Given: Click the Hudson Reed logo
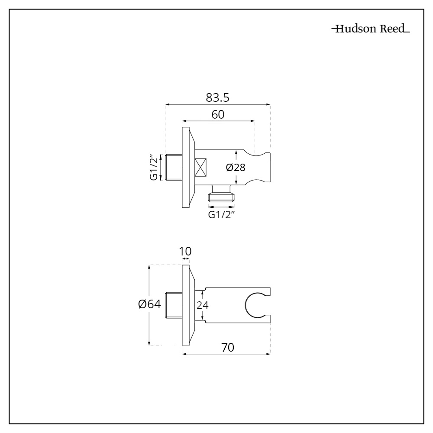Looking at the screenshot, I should click(371, 30).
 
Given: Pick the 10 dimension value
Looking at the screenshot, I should click(185, 252).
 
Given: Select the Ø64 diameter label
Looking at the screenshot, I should click(150, 304).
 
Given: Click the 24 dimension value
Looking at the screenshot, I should click(203, 305).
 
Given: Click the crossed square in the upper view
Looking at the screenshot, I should click(201, 168).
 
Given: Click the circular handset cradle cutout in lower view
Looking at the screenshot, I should click(255, 305).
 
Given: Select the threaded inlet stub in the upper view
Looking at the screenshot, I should click(174, 168).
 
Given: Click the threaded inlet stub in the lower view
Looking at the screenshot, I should click(174, 305).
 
